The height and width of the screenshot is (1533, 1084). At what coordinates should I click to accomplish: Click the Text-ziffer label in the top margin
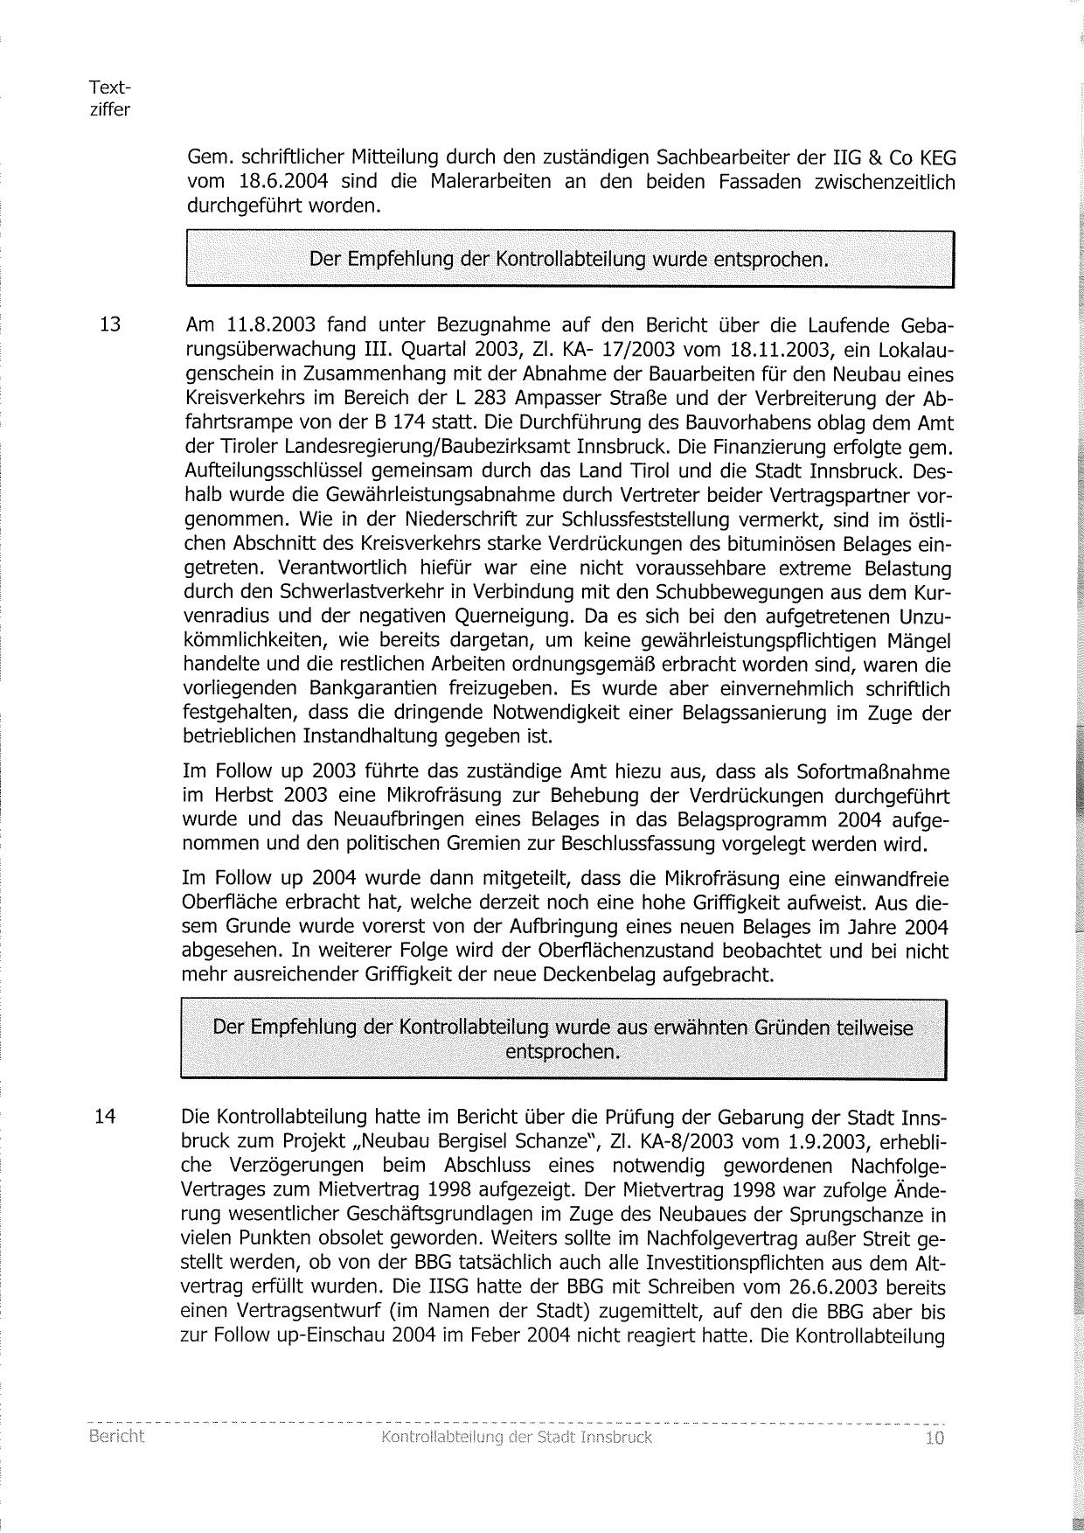[x=109, y=99]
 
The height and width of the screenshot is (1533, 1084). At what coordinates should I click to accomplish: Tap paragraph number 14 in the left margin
[x=105, y=1117]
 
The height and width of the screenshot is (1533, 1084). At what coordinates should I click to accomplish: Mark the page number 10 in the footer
[x=934, y=1439]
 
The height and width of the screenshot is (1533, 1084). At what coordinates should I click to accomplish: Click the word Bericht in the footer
[x=116, y=1437]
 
